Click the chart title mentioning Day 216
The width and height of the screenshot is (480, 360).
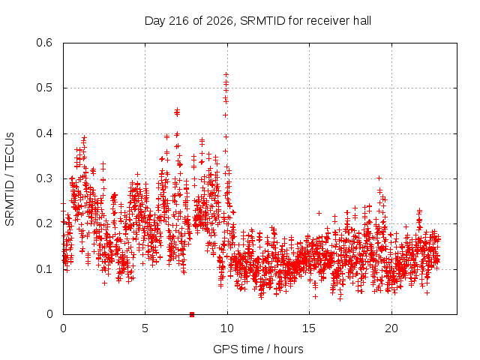click(x=258, y=21)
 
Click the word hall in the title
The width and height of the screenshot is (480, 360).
click(x=362, y=21)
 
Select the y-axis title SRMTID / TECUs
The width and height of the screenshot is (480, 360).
click(x=10, y=179)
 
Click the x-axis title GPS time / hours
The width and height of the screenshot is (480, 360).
click(x=258, y=349)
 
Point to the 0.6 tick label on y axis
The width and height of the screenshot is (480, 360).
click(x=44, y=43)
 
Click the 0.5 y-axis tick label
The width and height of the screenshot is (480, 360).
click(x=44, y=88)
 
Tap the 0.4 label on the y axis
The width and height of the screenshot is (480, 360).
click(x=44, y=133)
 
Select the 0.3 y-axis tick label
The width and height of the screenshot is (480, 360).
click(x=44, y=178)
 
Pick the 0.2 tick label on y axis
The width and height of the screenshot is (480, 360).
click(x=44, y=223)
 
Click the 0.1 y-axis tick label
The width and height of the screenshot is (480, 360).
click(x=44, y=269)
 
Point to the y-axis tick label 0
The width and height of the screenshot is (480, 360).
click(x=49, y=314)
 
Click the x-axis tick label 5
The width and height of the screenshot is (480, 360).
click(x=145, y=328)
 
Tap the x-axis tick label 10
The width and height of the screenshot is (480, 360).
click(x=226, y=328)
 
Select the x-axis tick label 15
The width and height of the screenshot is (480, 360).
click(x=309, y=328)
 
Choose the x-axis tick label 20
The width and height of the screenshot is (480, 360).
click(x=391, y=328)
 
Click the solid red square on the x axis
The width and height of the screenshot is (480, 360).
click(x=192, y=314)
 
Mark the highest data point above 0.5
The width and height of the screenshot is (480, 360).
click(x=226, y=75)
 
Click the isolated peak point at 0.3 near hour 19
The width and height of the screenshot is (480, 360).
click(x=379, y=178)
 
